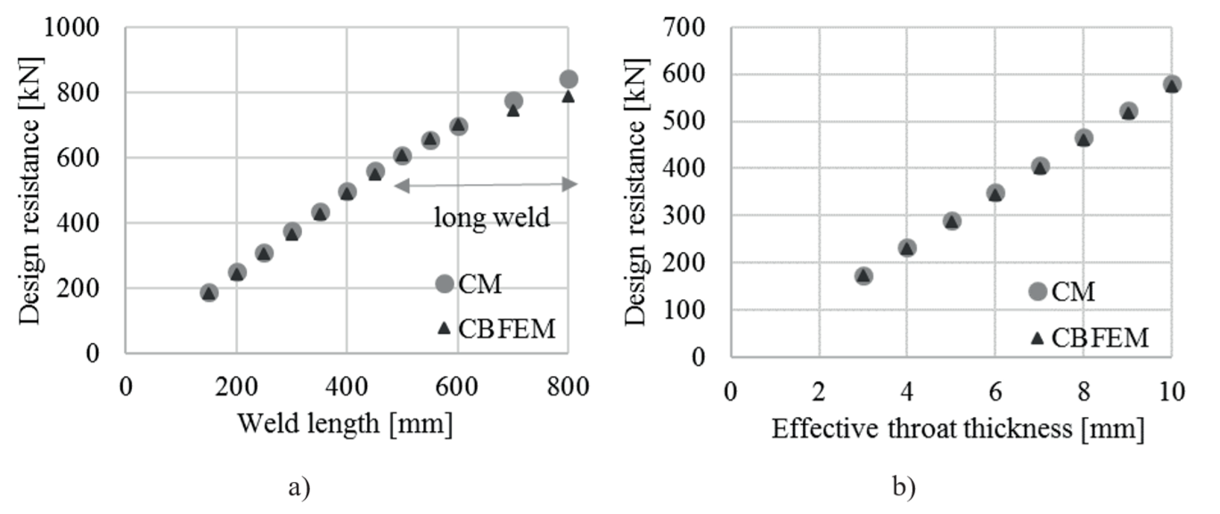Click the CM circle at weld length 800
coord(568,79)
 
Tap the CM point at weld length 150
coord(209,292)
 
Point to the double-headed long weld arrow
coord(486,184)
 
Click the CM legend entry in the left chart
coord(467,283)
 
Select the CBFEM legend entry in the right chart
coord(1086,338)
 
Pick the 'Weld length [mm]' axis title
coord(345,424)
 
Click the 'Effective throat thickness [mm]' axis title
coord(957,428)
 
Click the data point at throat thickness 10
coord(1172,85)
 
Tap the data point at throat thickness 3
coord(863,276)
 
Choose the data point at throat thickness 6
coord(995,192)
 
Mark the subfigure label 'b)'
coord(904,486)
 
